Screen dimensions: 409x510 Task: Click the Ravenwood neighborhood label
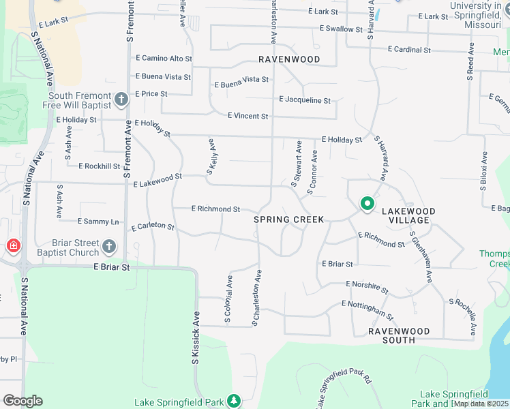(289, 59)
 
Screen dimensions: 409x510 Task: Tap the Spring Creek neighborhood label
(288, 219)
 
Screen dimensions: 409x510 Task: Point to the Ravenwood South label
(400, 335)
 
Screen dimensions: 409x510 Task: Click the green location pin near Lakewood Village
(367, 204)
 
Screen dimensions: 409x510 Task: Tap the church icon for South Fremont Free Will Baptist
(121, 100)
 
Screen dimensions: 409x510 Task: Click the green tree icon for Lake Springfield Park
(235, 400)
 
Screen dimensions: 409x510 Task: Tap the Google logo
(23, 401)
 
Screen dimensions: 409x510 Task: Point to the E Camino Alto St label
(164, 59)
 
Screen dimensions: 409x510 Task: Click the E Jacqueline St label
(305, 100)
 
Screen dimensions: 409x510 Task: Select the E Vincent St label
(247, 116)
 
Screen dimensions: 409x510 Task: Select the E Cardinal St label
(409, 50)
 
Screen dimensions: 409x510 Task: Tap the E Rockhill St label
(99, 166)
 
